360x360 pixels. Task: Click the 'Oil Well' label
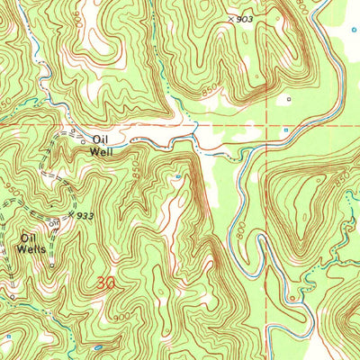(101, 145)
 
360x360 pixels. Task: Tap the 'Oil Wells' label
(34, 244)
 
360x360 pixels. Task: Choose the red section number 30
(105, 283)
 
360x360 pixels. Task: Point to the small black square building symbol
(289, 99)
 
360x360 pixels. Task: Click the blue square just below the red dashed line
(285, 131)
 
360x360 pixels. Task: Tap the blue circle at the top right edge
(354, 30)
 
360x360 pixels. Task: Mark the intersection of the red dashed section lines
(267, 124)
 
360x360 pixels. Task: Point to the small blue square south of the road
(178, 176)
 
